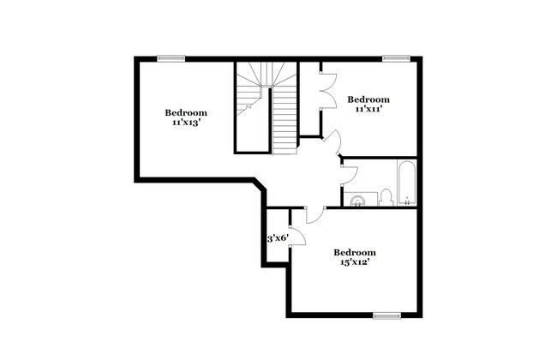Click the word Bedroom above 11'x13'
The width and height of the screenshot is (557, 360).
pos(186,112)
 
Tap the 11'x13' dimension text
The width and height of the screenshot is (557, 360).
pos(186,123)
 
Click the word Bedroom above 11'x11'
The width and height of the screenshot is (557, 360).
pos(368,99)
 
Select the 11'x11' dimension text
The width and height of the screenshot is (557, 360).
pos(368,110)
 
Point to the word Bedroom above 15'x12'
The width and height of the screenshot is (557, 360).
pos(355,252)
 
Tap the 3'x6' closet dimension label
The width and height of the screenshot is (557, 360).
pos(277,237)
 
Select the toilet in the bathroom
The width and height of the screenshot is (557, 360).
pos(386,197)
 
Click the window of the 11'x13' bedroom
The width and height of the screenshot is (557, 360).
pos(171,58)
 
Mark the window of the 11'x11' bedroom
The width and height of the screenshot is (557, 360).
pos(395,58)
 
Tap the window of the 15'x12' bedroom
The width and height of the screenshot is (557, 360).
pos(387,315)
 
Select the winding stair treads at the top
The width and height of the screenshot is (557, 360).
pos(254,81)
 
